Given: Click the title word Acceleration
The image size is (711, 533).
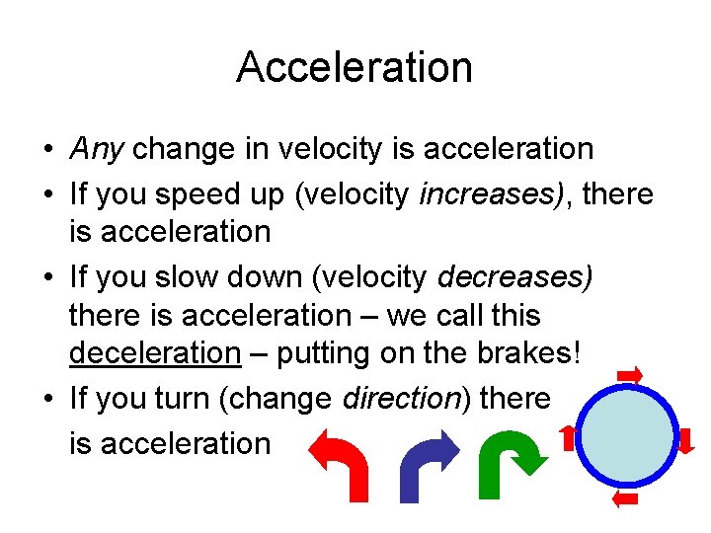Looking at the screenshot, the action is coord(355,67).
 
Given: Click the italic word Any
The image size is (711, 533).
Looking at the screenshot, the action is coord(97,149).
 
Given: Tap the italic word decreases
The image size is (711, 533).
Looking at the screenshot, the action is coord(514,278).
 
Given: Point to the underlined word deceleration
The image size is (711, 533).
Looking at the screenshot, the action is coord(155,352).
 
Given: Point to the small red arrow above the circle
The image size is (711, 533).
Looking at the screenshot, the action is coord(629,374).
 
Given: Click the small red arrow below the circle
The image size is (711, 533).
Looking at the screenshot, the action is coord(625,498).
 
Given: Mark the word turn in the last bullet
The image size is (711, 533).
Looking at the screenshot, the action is coord(184,399).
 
